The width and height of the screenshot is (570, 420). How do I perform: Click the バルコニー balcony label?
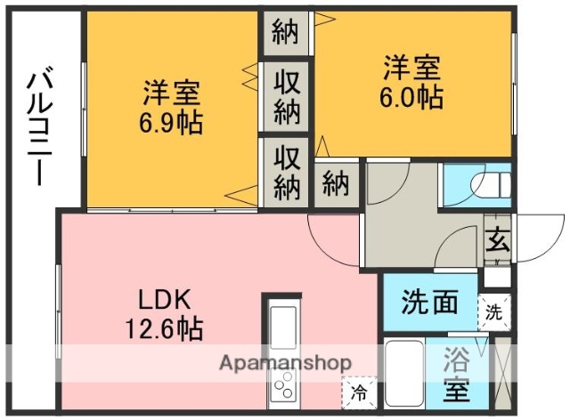click(x=37, y=128)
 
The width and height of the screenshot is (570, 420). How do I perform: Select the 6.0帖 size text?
click(x=413, y=96)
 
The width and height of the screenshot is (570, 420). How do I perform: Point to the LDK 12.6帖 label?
click(x=164, y=314)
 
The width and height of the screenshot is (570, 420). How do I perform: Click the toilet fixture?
click(x=488, y=186)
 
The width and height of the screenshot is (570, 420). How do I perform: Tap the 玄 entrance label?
click(x=497, y=240)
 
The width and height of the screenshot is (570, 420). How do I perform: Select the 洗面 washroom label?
click(x=430, y=303)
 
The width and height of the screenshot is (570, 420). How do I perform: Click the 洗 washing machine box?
click(x=493, y=311)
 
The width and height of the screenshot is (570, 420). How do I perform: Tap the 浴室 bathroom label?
click(x=456, y=374)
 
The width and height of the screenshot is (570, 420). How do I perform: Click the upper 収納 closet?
click(x=285, y=98)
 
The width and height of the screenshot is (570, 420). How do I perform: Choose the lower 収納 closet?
click(x=285, y=172)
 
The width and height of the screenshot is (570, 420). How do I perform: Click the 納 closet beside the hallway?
click(x=335, y=184)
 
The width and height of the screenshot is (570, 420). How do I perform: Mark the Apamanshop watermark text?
click(x=285, y=363)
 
